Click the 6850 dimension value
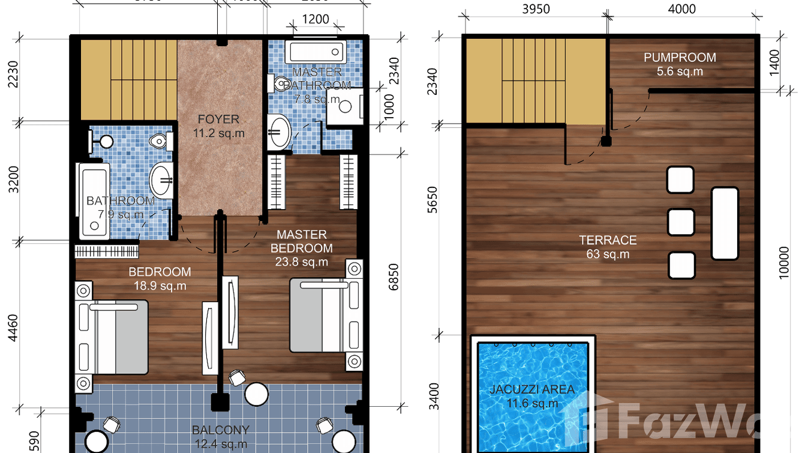point(393,277)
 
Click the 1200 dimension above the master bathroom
point(315,19)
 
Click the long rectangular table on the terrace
point(725,223)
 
